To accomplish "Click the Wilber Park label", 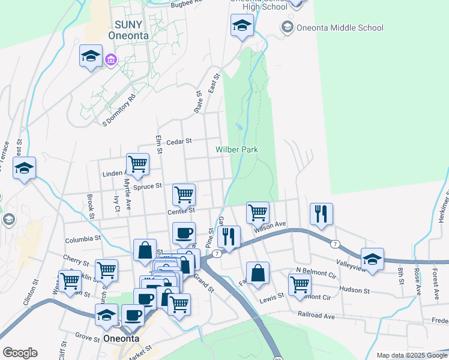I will click(237, 149).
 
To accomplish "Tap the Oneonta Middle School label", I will click(340, 28).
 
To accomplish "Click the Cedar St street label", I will click(179, 142).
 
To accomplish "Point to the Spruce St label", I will click(148, 187).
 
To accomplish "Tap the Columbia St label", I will click(83, 239).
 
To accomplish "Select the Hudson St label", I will click(355, 290).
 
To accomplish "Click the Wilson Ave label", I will click(270, 226).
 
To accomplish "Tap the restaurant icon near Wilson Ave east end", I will click(321, 214).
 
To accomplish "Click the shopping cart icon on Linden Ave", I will click(137, 164).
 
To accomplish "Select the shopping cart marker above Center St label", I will click(184, 194).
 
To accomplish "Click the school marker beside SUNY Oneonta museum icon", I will click(91, 57).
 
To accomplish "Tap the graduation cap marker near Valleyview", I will click(372, 259).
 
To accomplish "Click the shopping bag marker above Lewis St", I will click(258, 273).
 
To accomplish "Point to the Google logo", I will click(20, 352).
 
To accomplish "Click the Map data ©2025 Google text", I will click(412, 355).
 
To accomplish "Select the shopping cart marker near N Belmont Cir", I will click(299, 284).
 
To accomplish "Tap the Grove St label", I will click(88, 339).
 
